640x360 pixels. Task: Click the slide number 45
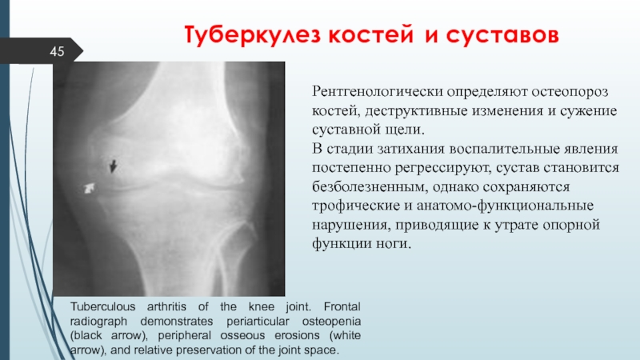pyautogui.click(x=57, y=51)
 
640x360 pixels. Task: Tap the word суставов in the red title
pyautogui.click(x=502, y=35)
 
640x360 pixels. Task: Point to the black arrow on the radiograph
pyautogui.click(x=113, y=166)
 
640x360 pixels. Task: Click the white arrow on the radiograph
pyautogui.click(x=90, y=188)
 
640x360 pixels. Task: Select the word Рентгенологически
pyautogui.click(x=377, y=92)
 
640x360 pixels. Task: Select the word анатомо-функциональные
pyautogui.click(x=505, y=206)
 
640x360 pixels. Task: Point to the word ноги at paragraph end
pyautogui.click(x=393, y=244)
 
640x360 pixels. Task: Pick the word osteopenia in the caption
pyautogui.click(x=331, y=322)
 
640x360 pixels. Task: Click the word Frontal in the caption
pyautogui.click(x=342, y=306)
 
